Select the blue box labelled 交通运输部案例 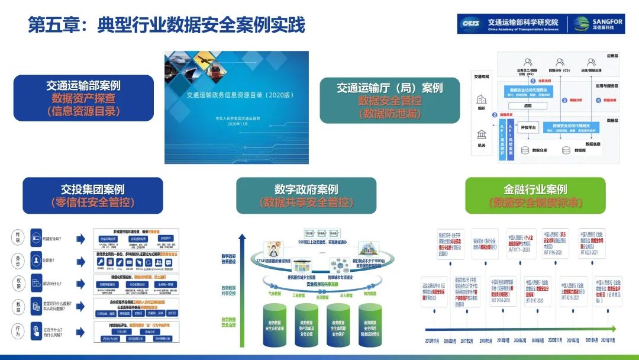tap(83, 98)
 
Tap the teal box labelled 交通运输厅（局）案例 tap(390, 100)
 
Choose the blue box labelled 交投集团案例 tap(93, 195)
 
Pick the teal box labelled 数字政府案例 tap(306, 195)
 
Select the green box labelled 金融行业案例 tap(535, 195)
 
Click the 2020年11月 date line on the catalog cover tap(236, 124)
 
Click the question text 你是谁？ tap(50, 261)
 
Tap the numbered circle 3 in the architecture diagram tap(564, 101)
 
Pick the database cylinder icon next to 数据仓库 tap(524, 150)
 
